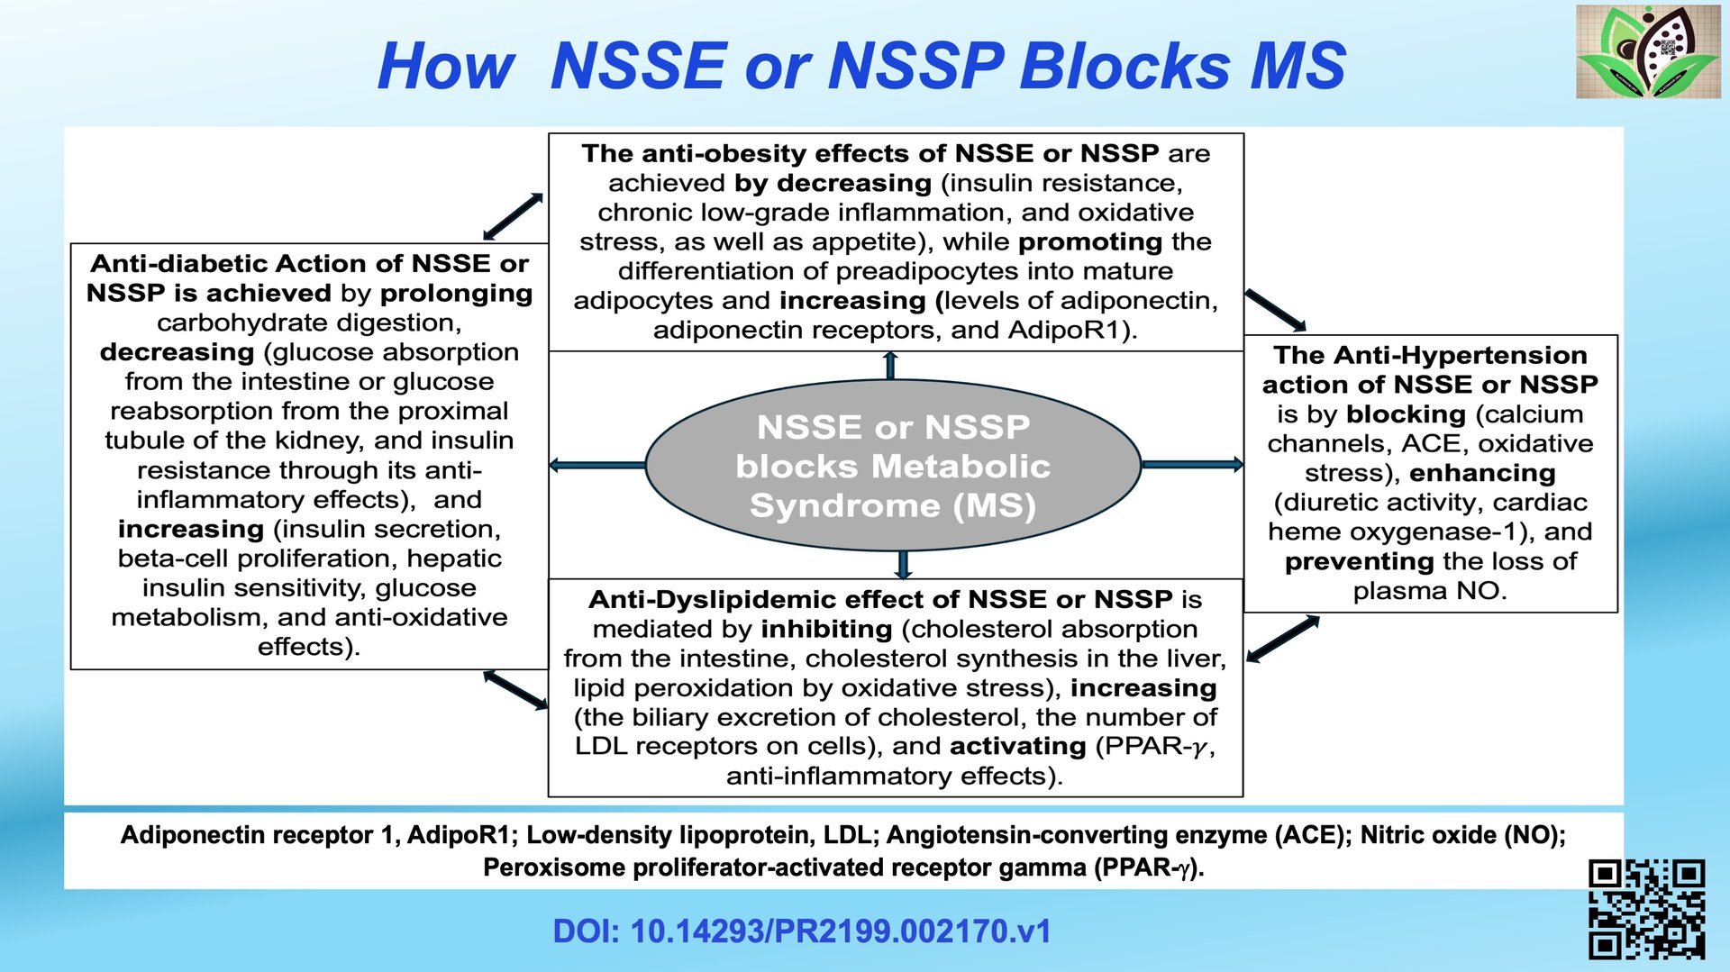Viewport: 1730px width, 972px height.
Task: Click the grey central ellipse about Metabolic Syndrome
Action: (893, 465)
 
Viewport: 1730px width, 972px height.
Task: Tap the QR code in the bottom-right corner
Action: (1646, 909)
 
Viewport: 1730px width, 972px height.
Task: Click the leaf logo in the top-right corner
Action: (1648, 51)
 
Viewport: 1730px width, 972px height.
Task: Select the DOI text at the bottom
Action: (801, 931)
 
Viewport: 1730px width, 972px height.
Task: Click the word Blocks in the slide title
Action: (1124, 66)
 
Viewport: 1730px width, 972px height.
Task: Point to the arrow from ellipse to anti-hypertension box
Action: (1191, 465)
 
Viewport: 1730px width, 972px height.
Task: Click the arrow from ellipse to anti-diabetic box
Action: (597, 465)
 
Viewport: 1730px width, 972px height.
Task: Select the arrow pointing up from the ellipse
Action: (890, 366)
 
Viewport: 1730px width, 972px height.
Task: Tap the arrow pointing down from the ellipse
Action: (902, 564)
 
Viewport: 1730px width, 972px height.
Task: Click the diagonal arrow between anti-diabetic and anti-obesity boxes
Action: (513, 216)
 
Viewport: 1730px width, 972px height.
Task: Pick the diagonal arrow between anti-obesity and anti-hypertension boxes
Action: (1275, 310)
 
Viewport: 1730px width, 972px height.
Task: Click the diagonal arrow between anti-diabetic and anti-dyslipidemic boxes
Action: (515, 689)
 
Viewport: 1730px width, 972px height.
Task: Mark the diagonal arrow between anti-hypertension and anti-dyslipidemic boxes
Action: (1283, 639)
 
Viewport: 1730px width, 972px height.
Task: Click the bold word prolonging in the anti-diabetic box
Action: (456, 294)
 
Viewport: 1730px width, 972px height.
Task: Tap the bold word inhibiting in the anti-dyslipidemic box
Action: (826, 630)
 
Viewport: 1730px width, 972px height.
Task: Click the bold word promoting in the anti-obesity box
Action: (1090, 242)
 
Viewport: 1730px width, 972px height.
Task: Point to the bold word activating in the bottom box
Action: (1017, 747)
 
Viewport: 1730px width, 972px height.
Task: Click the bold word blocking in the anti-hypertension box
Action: (1406, 414)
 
